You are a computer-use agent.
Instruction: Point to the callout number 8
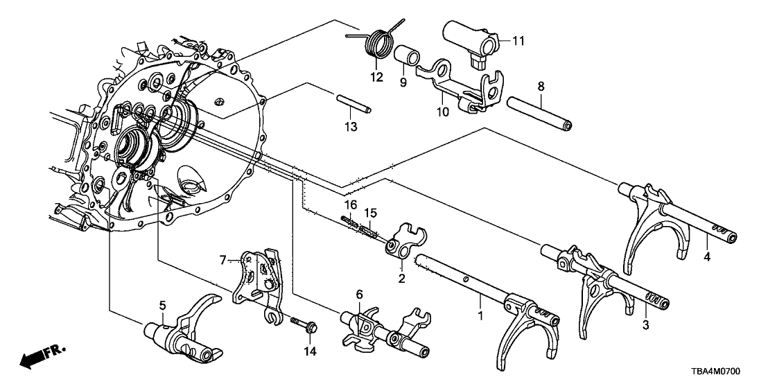point(541,87)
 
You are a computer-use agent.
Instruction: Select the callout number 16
point(351,205)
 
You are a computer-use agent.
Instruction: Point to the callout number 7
point(223,259)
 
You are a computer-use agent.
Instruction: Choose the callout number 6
point(359,294)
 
